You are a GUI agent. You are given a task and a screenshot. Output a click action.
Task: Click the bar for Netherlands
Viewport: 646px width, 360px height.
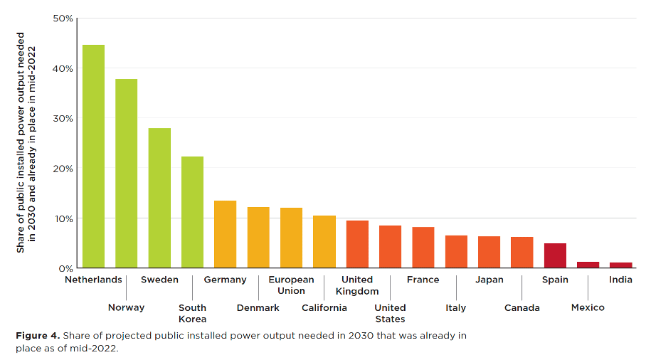pyautogui.click(x=93, y=157)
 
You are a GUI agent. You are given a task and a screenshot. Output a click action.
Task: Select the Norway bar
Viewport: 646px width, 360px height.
pyautogui.click(x=126, y=174)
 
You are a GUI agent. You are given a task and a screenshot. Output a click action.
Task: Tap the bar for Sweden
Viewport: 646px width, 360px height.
pyautogui.click(x=159, y=198)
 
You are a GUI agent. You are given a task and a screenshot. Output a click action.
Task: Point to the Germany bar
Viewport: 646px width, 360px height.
pyautogui.click(x=225, y=234)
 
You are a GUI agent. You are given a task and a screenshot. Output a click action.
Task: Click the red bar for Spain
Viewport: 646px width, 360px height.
pyautogui.click(x=555, y=255)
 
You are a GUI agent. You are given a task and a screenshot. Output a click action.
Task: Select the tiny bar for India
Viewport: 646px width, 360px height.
pyautogui.click(x=620, y=265)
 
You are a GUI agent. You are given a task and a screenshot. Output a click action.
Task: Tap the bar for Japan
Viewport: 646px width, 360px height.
pyautogui.click(x=489, y=252)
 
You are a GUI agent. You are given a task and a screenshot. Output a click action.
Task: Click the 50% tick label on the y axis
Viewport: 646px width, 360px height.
pyautogui.click(x=63, y=18)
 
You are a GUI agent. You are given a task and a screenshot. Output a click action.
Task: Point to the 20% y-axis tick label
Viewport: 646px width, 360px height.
pyautogui.click(x=63, y=169)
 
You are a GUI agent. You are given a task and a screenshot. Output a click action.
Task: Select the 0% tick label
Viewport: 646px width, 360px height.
pyautogui.click(x=65, y=268)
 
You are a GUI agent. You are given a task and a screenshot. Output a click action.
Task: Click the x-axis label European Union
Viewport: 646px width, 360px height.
pyautogui.click(x=291, y=285)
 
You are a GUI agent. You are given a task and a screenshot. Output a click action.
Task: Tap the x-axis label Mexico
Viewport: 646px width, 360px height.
pyautogui.click(x=588, y=307)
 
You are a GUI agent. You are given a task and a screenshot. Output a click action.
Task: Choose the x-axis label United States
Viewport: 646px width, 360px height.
pyautogui.click(x=390, y=313)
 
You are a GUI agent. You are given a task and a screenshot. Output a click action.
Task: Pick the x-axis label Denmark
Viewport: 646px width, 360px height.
pyautogui.click(x=258, y=307)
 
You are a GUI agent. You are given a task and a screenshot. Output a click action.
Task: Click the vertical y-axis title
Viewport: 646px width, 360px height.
pyautogui.click(x=26, y=142)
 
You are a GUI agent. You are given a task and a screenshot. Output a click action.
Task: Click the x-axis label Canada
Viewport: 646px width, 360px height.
pyautogui.click(x=521, y=307)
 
